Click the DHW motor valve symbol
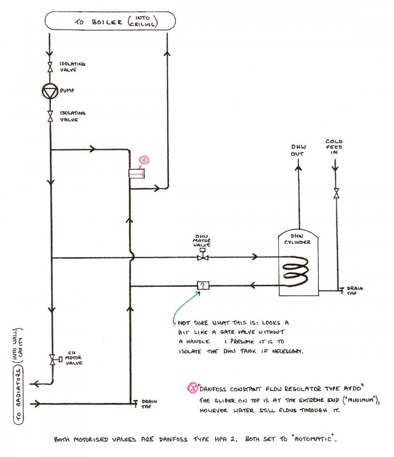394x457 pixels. pos(201,256)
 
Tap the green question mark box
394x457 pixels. pos(202,285)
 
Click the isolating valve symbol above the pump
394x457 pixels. pos(50,67)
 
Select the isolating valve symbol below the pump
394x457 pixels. pos(50,116)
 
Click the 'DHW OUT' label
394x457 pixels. pos(298,150)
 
